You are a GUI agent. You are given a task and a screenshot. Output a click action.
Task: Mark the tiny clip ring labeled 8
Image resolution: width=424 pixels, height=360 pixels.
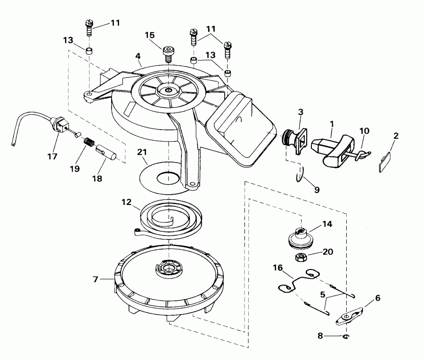346,336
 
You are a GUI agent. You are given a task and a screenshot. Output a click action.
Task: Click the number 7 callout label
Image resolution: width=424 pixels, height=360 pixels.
96,279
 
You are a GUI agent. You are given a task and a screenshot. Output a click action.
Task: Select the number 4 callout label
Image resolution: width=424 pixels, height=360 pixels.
138,56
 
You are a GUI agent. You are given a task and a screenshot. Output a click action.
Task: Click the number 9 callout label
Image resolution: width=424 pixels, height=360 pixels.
317,190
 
